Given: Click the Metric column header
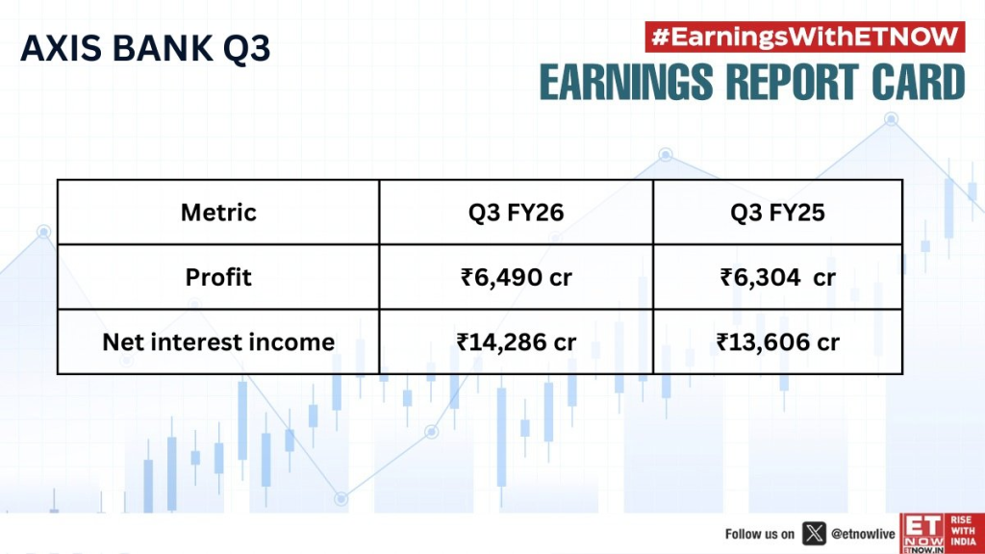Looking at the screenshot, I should click(x=218, y=212).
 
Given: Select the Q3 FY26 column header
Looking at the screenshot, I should click(x=516, y=212).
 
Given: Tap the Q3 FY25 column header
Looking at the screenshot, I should click(x=777, y=212).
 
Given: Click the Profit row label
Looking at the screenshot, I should click(x=218, y=277).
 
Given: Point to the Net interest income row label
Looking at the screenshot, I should click(x=218, y=341).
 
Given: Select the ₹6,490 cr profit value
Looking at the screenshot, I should click(x=516, y=277).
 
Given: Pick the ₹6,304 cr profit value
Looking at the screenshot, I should click(x=777, y=277).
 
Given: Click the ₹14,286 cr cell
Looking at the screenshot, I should click(x=516, y=341).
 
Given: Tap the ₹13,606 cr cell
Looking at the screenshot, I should click(x=777, y=341).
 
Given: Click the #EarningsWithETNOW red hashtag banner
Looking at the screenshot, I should click(x=802, y=37).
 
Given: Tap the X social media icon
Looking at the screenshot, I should click(x=814, y=533).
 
